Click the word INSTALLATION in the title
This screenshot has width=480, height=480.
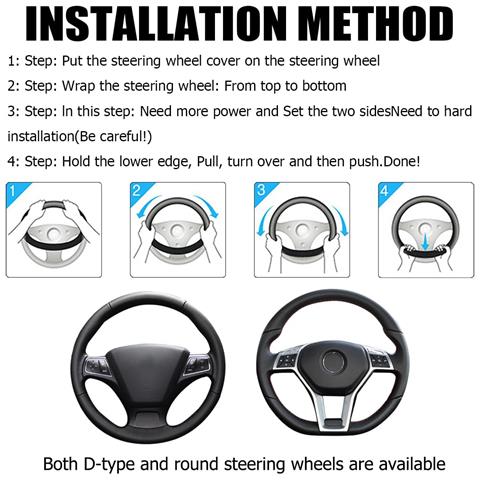click(x=156, y=23)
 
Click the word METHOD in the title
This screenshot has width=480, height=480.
click(x=375, y=23)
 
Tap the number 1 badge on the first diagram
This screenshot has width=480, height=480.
click(x=13, y=191)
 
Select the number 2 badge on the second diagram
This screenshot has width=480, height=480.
click(x=137, y=191)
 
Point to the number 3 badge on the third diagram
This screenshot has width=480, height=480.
click(x=261, y=190)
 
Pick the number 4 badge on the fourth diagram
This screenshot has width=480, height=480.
click(x=385, y=191)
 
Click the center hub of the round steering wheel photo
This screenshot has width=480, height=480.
click(x=332, y=362)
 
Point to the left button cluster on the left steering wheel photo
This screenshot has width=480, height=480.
click(x=96, y=366)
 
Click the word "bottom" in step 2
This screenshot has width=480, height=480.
click(x=324, y=86)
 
